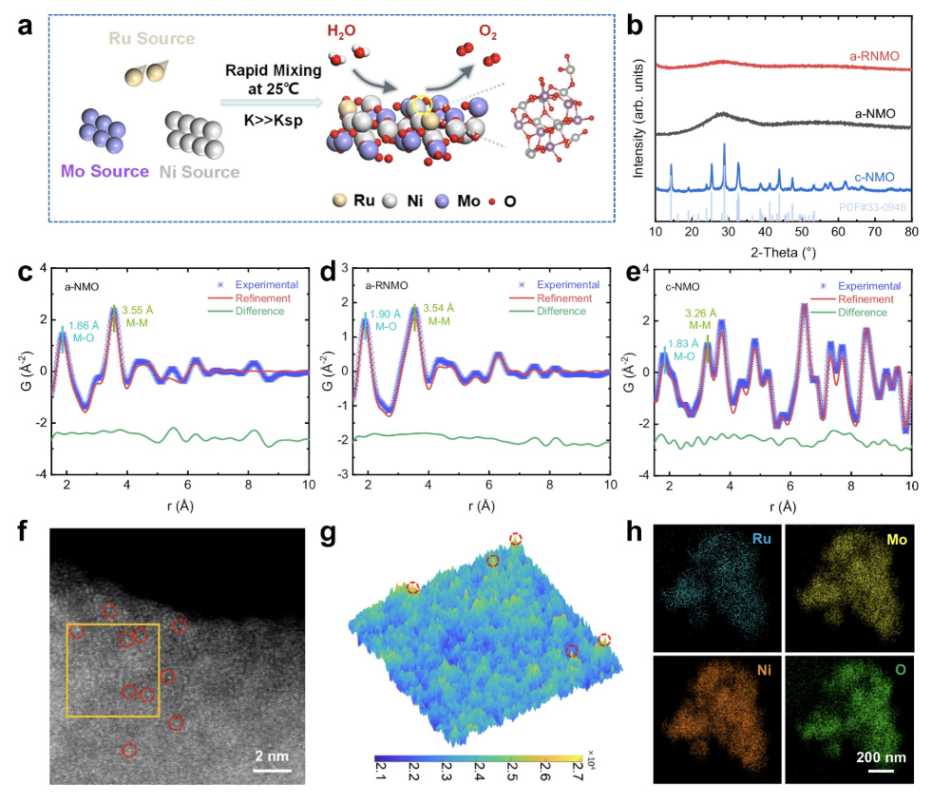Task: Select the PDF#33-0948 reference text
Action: click(x=871, y=205)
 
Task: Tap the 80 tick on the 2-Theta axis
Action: click(x=911, y=232)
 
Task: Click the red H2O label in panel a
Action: click(x=343, y=34)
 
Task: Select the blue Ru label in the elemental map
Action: click(x=762, y=539)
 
